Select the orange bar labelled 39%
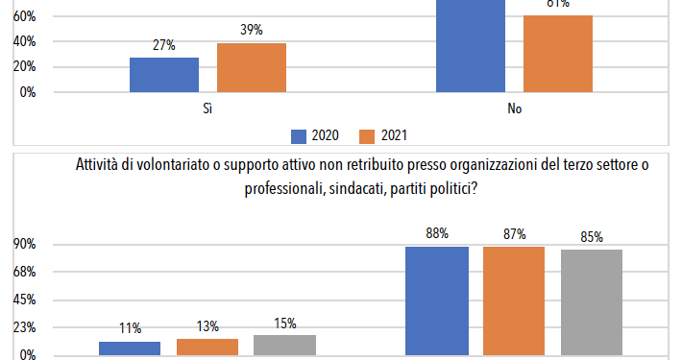pos(252,67)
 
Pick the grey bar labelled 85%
pos(592,301)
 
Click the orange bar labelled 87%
pos(514,300)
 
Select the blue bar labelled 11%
pos(130,348)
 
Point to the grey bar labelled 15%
pos(285,345)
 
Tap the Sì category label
pos(207,109)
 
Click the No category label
pos(515,109)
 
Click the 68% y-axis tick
pos(24,272)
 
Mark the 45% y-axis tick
pos(24,300)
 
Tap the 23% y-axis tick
pos(24,327)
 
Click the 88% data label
pos(436,231)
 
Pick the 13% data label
pos(207,324)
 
